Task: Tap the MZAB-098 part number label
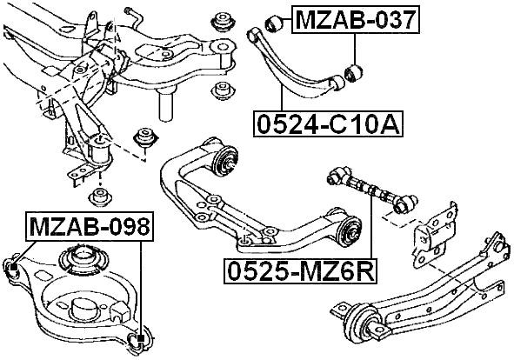90,228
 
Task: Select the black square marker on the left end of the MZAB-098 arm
12,265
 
